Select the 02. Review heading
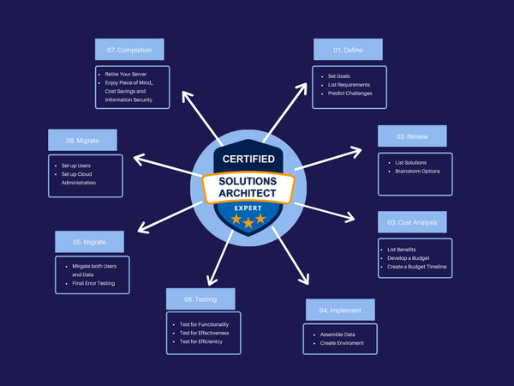click(x=413, y=136)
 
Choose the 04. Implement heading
click(x=340, y=309)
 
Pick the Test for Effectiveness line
click(x=210, y=333)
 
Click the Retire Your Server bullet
click(x=126, y=74)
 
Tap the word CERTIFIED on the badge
click(x=248, y=160)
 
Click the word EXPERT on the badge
click(x=248, y=208)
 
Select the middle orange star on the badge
click(x=248, y=222)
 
